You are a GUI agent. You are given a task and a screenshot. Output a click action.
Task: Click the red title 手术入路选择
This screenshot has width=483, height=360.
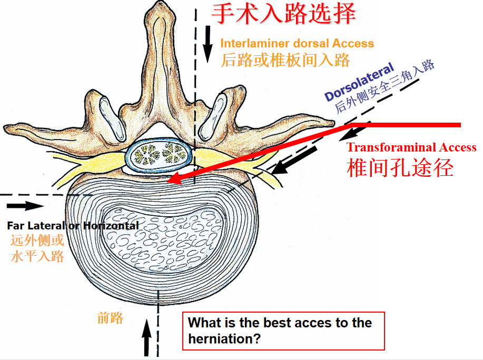283,14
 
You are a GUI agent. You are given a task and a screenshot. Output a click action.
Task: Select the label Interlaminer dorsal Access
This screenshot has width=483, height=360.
297,43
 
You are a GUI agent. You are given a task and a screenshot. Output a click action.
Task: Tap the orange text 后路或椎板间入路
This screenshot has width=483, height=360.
285,60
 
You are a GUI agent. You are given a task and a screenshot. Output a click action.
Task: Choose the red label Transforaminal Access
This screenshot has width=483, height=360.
411,147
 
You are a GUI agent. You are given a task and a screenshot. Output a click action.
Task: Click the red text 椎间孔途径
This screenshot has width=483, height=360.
400,168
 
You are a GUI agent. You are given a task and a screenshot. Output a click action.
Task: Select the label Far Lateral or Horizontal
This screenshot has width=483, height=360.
73,226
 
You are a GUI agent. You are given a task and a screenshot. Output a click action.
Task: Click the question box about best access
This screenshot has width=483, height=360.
283,331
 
